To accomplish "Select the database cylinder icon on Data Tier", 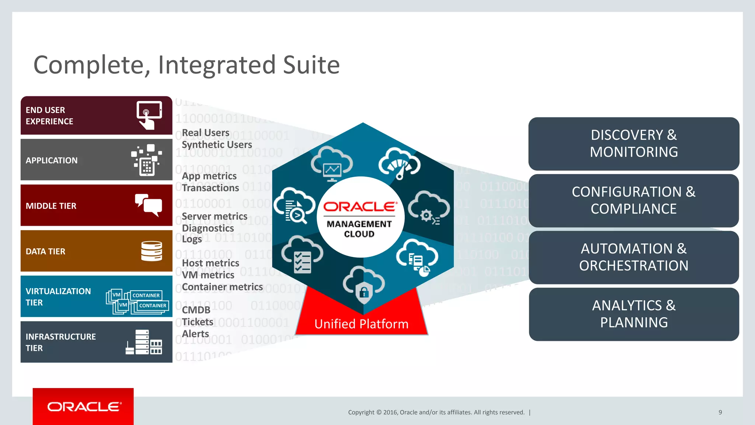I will [152, 251].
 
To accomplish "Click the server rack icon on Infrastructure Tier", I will [144, 342].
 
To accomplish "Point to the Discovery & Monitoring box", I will [634, 144].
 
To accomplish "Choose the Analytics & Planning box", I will [634, 314].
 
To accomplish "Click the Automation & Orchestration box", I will [634, 258].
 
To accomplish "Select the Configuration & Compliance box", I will [634, 201].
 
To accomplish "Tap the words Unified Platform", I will [361, 324].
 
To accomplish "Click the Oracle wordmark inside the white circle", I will [360, 207].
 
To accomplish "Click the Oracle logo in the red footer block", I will [84, 407].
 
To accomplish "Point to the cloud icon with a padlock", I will [363, 286].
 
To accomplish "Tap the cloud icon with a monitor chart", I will [332, 164].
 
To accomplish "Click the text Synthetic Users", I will [217, 145].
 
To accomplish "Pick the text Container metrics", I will [222, 287].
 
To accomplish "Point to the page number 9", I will [720, 412].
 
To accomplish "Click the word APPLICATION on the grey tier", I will [52, 160].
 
